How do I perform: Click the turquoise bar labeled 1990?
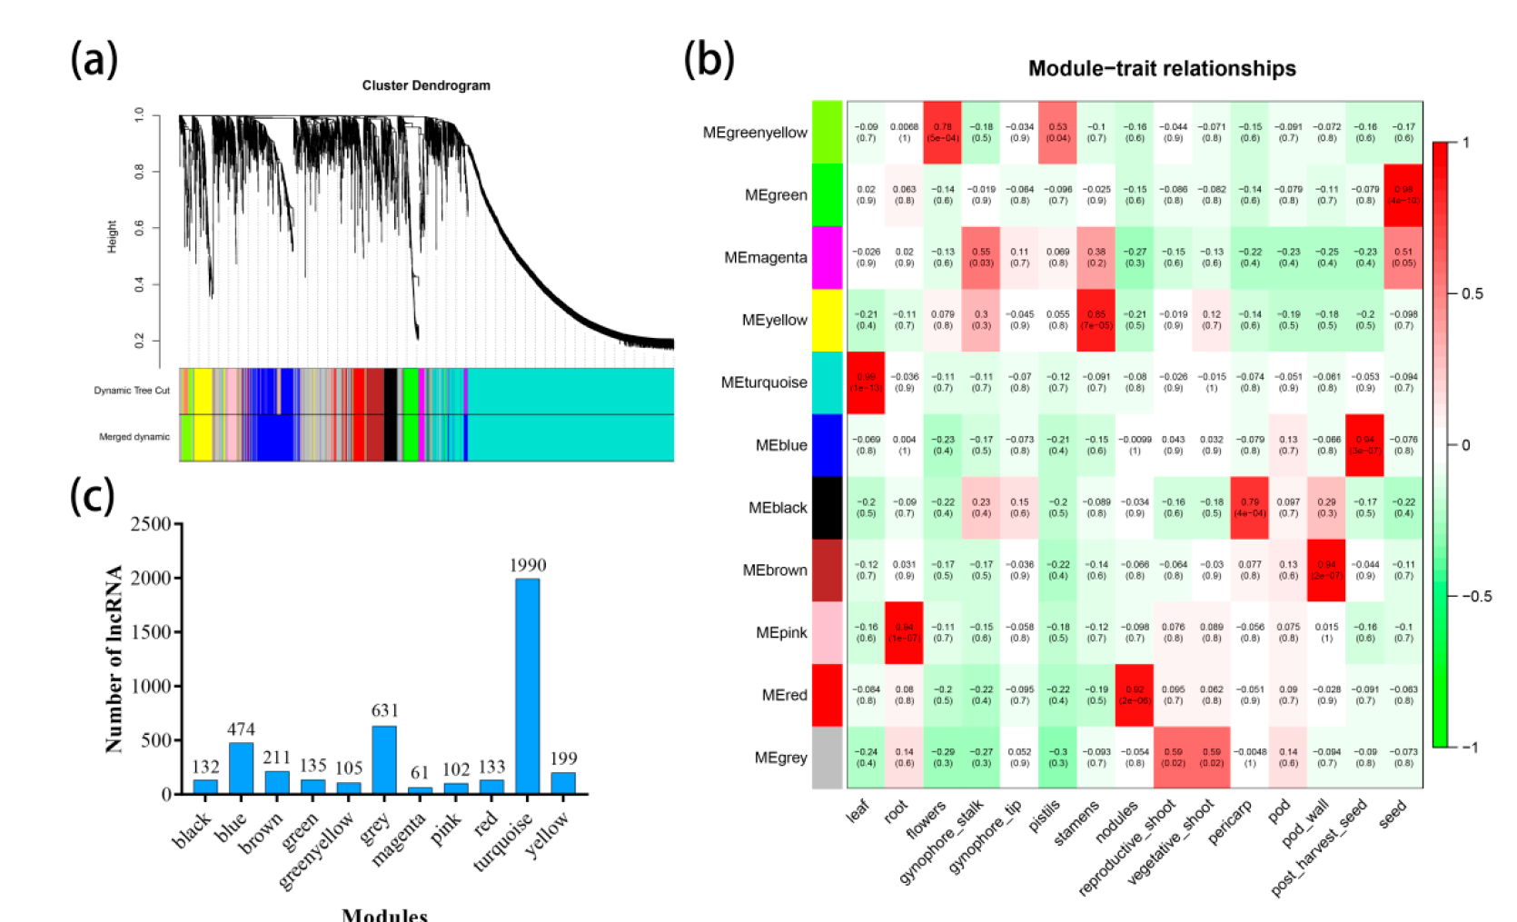pos(527,686)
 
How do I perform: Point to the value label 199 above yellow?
pos(563,758)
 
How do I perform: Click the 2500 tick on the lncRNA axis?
pos(151,524)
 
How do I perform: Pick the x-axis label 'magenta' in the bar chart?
pos(400,838)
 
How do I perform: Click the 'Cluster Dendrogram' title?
pos(426,85)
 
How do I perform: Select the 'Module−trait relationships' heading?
pos(1161,69)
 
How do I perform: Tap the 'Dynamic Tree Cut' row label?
pos(132,391)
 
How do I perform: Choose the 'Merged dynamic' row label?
pos(134,437)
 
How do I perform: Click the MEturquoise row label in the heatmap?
pos(764,382)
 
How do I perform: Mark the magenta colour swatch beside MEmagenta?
pos(827,258)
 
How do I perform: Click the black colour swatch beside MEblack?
pos(827,508)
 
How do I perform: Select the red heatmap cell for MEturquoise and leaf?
pos(866,382)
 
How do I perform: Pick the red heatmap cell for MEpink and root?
pos(904,632)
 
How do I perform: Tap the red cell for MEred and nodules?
pos(1134,695)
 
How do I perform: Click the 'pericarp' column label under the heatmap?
pos(1231,820)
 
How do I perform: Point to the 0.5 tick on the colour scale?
pos(1472,293)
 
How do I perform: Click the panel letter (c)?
pos(93,496)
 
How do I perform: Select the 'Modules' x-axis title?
pos(384,914)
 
